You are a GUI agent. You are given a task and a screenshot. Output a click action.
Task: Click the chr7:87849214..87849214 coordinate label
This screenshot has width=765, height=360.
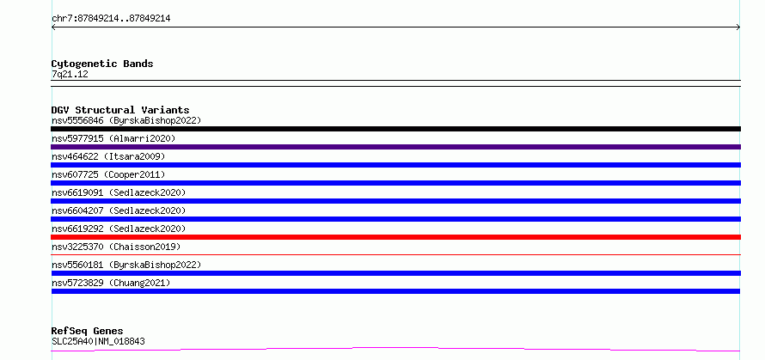(x=111, y=19)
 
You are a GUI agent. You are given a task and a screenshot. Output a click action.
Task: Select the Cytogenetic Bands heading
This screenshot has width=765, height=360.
(x=102, y=64)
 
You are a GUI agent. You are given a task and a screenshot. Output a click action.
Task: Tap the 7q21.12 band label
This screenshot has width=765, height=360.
(x=70, y=74)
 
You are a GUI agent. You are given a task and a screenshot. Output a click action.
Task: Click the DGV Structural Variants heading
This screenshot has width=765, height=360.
(x=120, y=110)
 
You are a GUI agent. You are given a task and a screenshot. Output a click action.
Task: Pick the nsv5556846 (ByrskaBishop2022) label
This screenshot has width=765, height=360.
(x=126, y=120)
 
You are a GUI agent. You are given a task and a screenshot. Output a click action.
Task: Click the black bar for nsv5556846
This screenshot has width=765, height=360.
(x=395, y=129)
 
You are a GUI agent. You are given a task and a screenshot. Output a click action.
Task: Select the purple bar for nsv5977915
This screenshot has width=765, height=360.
(x=395, y=147)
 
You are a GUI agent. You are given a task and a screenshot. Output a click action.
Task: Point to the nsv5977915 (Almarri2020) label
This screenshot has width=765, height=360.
(x=113, y=138)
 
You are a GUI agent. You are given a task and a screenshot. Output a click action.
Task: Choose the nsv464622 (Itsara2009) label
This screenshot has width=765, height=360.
(x=108, y=156)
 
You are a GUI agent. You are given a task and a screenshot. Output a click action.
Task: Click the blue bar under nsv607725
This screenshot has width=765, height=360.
(x=395, y=183)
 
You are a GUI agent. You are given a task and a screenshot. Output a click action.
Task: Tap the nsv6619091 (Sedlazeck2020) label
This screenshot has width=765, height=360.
(x=119, y=192)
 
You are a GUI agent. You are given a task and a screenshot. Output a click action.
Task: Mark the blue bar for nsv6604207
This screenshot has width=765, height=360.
(x=395, y=219)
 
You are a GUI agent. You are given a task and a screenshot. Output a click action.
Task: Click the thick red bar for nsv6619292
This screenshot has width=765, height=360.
(x=395, y=237)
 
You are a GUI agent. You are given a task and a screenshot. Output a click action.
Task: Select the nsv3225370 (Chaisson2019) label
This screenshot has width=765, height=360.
(x=116, y=247)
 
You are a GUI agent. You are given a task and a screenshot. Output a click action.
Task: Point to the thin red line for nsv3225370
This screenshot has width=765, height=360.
(x=395, y=254)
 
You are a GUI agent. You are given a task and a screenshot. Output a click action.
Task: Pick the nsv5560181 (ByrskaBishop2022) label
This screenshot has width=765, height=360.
(x=126, y=265)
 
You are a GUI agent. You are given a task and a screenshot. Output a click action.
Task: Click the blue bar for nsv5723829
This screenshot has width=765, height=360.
(x=395, y=291)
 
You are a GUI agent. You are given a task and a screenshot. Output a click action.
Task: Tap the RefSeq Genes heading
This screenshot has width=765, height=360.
(x=88, y=331)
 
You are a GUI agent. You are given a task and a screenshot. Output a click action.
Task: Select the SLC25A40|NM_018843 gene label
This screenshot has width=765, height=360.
(x=98, y=341)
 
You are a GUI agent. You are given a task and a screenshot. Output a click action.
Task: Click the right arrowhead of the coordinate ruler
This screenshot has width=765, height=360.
(x=739, y=27)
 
